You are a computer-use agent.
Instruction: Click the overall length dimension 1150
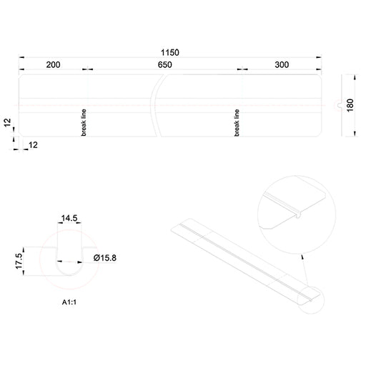[170, 52]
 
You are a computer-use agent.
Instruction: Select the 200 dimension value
[53, 65]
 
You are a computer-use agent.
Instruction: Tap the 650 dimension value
[165, 65]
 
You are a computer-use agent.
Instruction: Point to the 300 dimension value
[282, 64]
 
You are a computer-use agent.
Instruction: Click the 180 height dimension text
[350, 105]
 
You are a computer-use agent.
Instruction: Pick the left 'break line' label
[84, 122]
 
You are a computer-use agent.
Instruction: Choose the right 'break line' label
[237, 123]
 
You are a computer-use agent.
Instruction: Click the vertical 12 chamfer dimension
[8, 122]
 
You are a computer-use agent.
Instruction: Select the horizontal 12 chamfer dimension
[33, 145]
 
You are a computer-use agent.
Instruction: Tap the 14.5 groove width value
[69, 218]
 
